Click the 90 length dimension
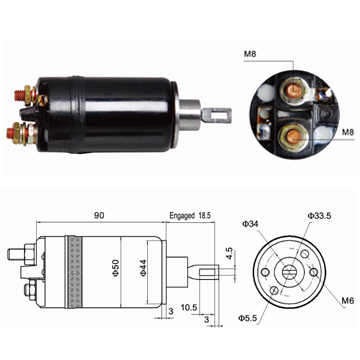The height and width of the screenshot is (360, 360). pos(99,215)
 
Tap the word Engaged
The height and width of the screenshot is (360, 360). pos(182,215)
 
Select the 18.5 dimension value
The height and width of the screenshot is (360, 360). pos(204,215)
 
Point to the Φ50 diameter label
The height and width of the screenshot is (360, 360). pos(116,269)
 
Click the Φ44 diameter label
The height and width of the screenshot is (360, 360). pos(143,268)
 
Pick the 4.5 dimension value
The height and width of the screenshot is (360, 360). pos(230,254)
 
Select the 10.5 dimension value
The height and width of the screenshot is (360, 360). pos(189,307)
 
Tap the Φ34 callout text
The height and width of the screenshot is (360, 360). pos(250,224)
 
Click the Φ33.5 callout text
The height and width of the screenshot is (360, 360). pos(319,216)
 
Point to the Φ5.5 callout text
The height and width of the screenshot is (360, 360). pos(247,318)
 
